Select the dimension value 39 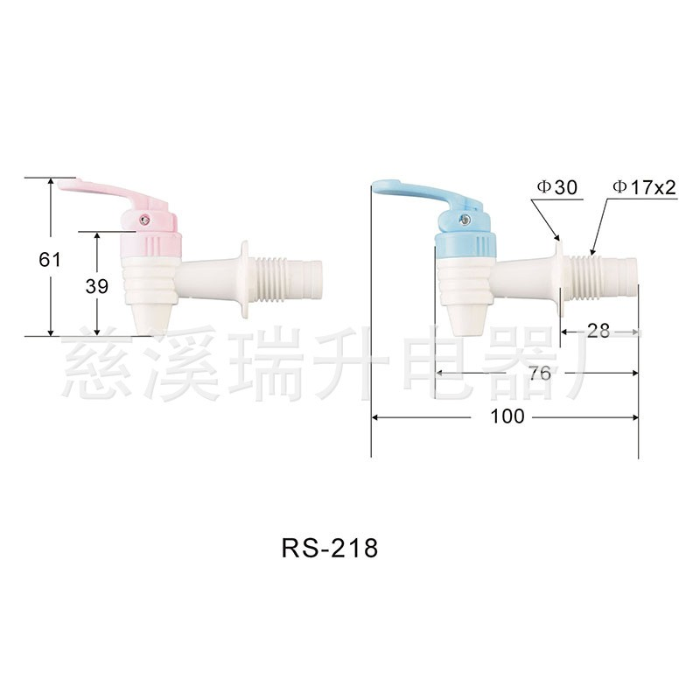click(x=97, y=286)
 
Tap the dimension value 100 click(x=507, y=416)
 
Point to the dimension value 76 click(x=540, y=373)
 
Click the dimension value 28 click(x=598, y=331)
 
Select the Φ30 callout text click(x=555, y=187)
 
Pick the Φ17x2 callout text click(x=645, y=187)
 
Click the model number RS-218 click(x=329, y=549)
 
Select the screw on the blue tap click(x=469, y=208)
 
